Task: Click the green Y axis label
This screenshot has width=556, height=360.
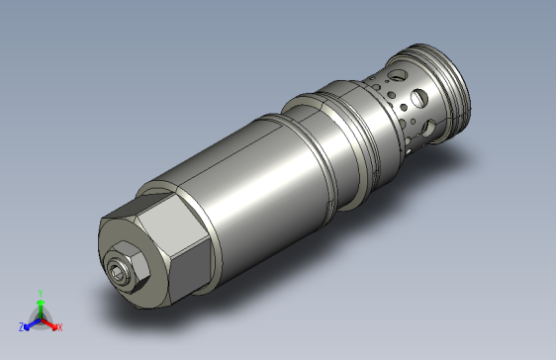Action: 41,293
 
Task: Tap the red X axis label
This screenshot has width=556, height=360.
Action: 60,327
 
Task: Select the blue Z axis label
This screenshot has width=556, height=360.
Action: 22,327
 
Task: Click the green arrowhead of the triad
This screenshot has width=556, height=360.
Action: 41,303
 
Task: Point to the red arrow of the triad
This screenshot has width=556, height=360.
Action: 48,323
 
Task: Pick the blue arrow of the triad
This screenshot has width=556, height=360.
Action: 33,324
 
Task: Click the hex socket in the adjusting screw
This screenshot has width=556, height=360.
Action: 115,272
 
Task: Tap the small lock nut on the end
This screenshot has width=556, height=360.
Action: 127,267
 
